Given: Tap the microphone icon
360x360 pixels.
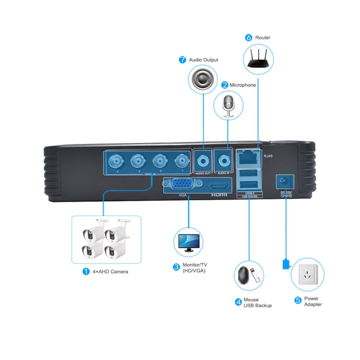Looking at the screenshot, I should pyautogui.click(x=228, y=106).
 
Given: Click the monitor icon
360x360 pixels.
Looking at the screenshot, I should pyautogui.click(x=188, y=244).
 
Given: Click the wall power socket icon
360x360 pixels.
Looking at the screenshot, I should pyautogui.click(x=305, y=276).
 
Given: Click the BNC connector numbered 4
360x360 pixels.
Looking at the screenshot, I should pyautogui.click(x=117, y=160).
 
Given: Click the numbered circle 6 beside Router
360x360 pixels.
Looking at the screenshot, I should pyautogui.click(x=249, y=37).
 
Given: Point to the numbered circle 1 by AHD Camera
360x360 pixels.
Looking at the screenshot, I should pyautogui.click(x=86, y=271).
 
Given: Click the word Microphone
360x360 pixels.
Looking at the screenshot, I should pyautogui.click(x=243, y=85).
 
